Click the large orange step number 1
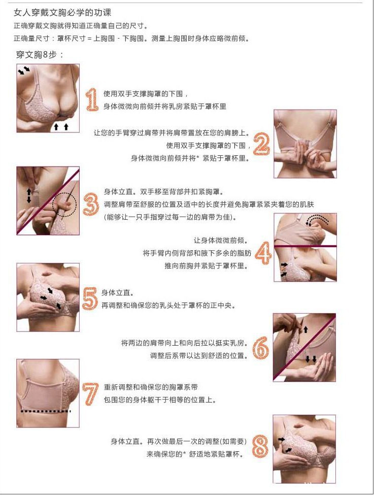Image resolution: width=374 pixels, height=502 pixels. point(92,99)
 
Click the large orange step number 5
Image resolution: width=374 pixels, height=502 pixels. point(90,299)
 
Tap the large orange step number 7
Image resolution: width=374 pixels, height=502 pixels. point(90,394)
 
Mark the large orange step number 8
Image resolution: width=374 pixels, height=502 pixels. point(260,447)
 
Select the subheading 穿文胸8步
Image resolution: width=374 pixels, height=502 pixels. point(40,54)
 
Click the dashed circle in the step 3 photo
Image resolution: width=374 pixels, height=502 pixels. point(64,205)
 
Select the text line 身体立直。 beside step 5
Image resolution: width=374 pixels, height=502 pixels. point(118,293)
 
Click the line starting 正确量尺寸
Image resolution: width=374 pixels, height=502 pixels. point(131,39)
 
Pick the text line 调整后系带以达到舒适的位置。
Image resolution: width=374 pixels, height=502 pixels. point(199,355)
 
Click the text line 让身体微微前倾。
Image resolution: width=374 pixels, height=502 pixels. point(220,241)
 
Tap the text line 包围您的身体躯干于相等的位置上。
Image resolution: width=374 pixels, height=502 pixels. point(160,399)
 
